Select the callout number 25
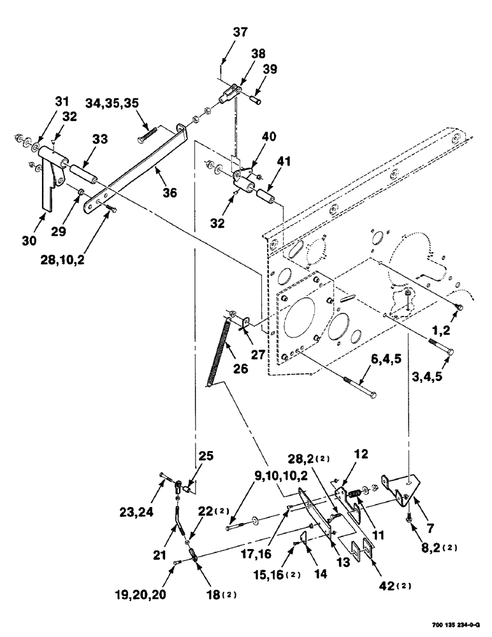(206, 457)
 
